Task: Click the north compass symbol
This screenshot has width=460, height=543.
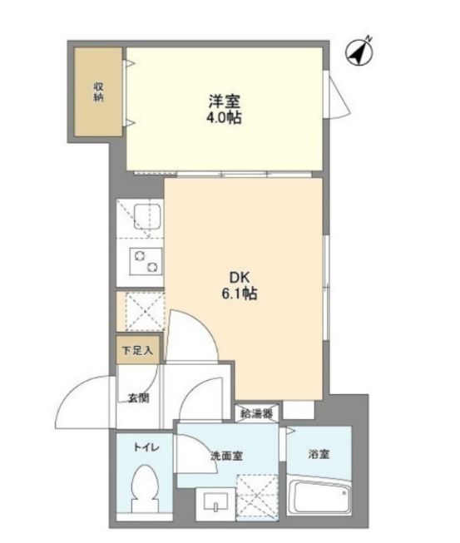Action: point(359,52)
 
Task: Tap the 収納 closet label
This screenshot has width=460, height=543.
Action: point(99,91)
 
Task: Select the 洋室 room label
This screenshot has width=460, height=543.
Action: point(224,101)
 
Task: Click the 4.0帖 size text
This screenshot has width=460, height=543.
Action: point(224,118)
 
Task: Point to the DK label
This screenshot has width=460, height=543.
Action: point(240,278)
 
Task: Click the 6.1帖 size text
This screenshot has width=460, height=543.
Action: point(240,294)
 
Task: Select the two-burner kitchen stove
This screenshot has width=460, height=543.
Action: point(146,261)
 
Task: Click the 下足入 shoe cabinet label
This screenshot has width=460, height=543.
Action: point(137,350)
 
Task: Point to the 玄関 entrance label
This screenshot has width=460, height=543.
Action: point(139,398)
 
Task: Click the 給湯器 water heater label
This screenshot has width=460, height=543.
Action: point(256,413)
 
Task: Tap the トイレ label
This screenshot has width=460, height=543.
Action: point(146,447)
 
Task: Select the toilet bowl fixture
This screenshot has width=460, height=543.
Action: point(145,488)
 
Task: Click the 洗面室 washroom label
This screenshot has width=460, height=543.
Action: point(227,456)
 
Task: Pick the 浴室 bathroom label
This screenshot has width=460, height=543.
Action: point(319,454)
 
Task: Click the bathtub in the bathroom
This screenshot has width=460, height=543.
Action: point(319,496)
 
